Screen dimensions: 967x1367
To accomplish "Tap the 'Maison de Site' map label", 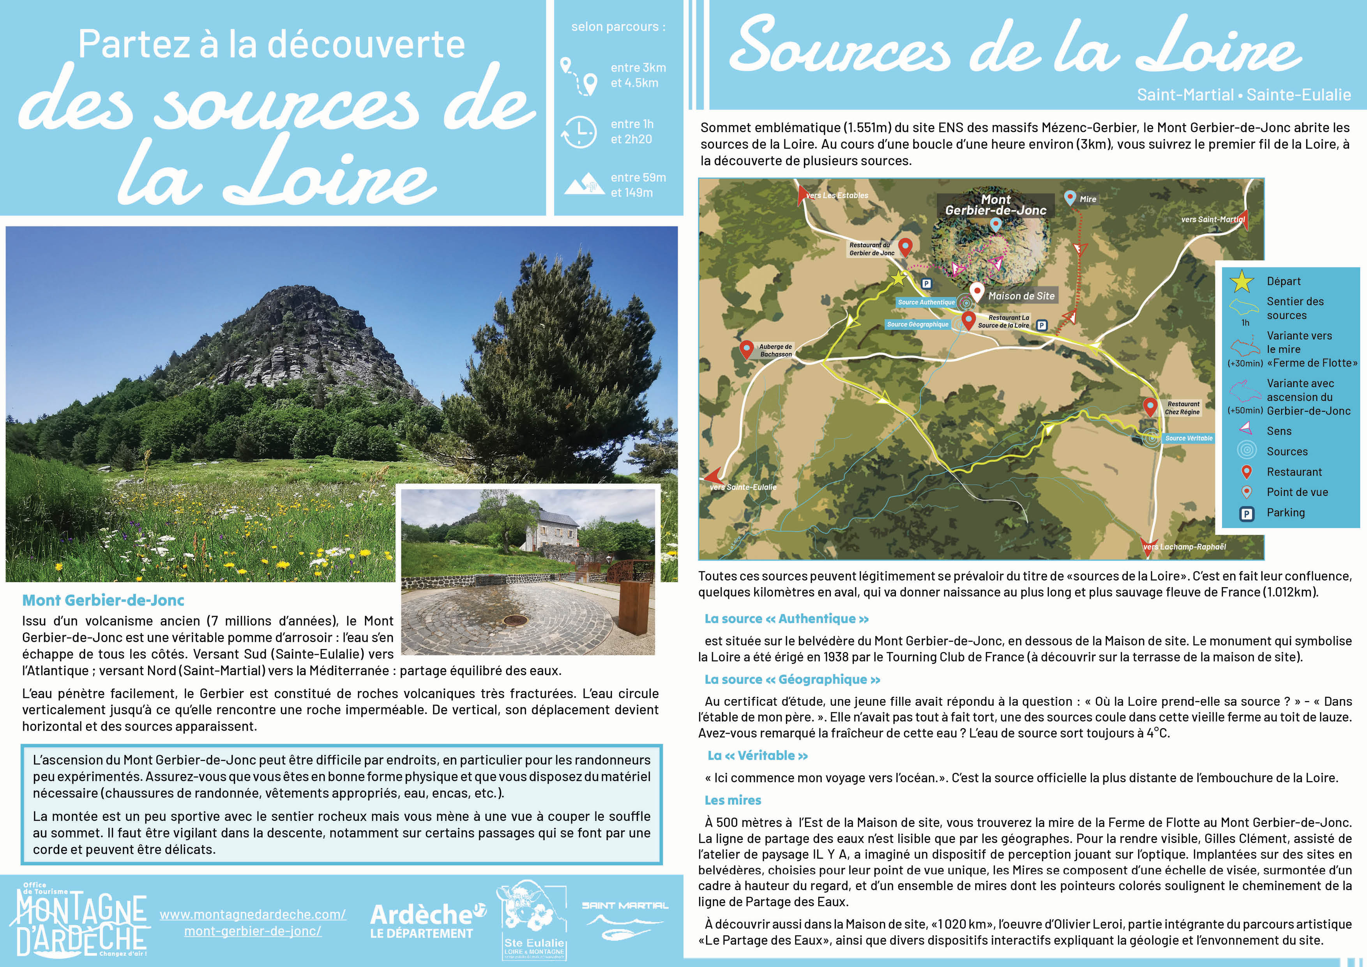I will pyautogui.click(x=1021, y=296).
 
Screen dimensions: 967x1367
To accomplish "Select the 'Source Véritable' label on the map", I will pyautogui.click(x=1189, y=438).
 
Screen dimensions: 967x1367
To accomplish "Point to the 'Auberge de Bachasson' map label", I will pyautogui.click(x=775, y=350).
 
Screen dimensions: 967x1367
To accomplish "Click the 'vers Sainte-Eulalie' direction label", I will pyautogui.click(x=743, y=487).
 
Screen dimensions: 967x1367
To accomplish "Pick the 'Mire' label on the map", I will pyautogui.click(x=1088, y=199).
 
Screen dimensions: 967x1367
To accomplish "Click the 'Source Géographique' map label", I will pyautogui.click(x=917, y=324).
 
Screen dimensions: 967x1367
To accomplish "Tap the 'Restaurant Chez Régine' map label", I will pyautogui.click(x=1182, y=407).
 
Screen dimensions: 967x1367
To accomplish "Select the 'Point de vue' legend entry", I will pyautogui.click(x=1297, y=492).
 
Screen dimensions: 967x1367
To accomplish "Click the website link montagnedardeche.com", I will pyautogui.click(x=253, y=922).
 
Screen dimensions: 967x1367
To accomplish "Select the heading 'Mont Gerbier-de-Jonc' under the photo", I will pyautogui.click(x=103, y=600).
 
